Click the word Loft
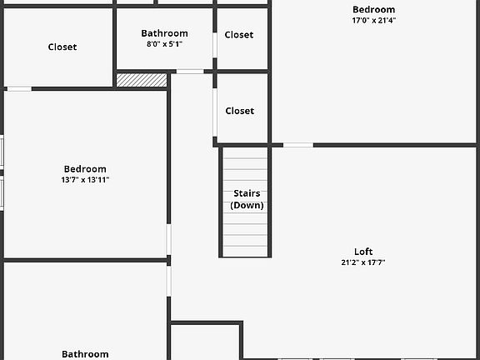point(363,252)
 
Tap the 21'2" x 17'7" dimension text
point(363,262)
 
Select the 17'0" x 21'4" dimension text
point(374,21)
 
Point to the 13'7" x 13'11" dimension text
point(85,180)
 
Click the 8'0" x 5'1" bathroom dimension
point(165,44)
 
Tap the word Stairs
point(247,193)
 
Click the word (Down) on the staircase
point(247,205)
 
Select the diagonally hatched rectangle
point(142,80)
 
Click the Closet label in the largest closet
point(62,47)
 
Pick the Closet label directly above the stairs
point(240,111)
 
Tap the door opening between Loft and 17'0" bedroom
point(298,145)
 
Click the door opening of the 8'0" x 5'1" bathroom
point(190,72)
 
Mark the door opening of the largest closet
point(19,89)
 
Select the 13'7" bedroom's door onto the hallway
point(168,240)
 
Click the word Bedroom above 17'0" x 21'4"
point(374,9)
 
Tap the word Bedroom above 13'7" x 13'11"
point(85,169)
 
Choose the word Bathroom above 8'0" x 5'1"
point(165,33)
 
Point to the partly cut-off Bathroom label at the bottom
point(85,354)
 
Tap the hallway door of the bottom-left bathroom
point(168,281)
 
